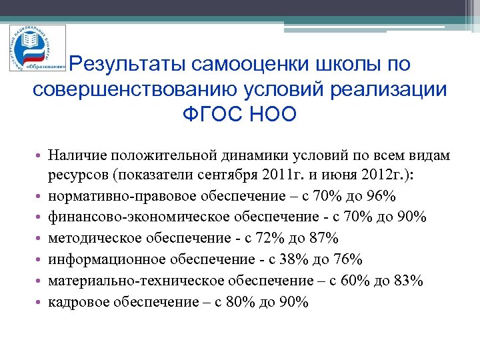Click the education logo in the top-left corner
[x=38, y=47]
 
